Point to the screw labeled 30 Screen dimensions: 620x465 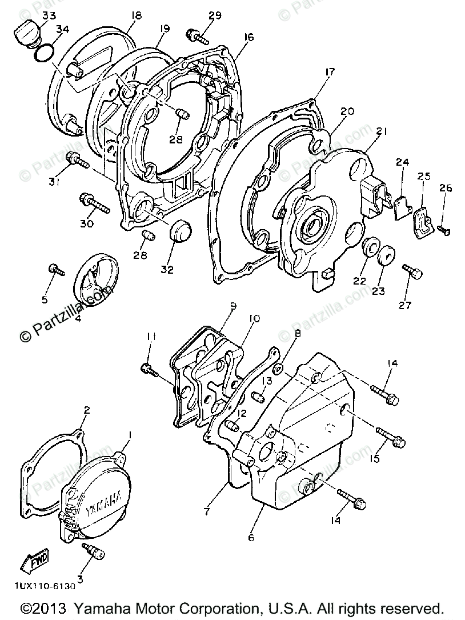[x=94, y=204]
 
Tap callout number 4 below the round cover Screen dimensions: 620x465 [x=78, y=318]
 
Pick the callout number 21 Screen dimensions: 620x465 [x=382, y=131]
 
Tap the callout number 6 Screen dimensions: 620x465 [x=251, y=537]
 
